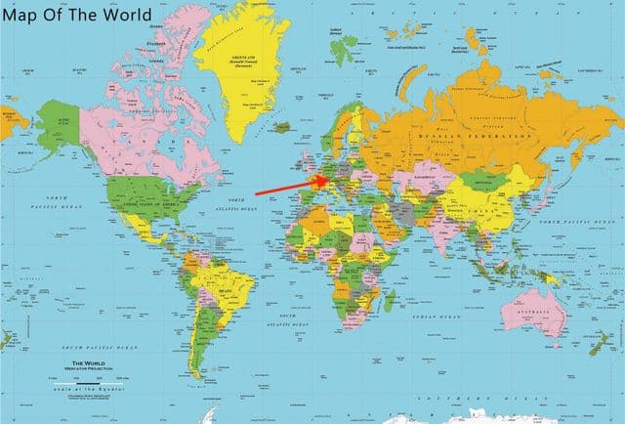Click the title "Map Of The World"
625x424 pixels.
(77, 16)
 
